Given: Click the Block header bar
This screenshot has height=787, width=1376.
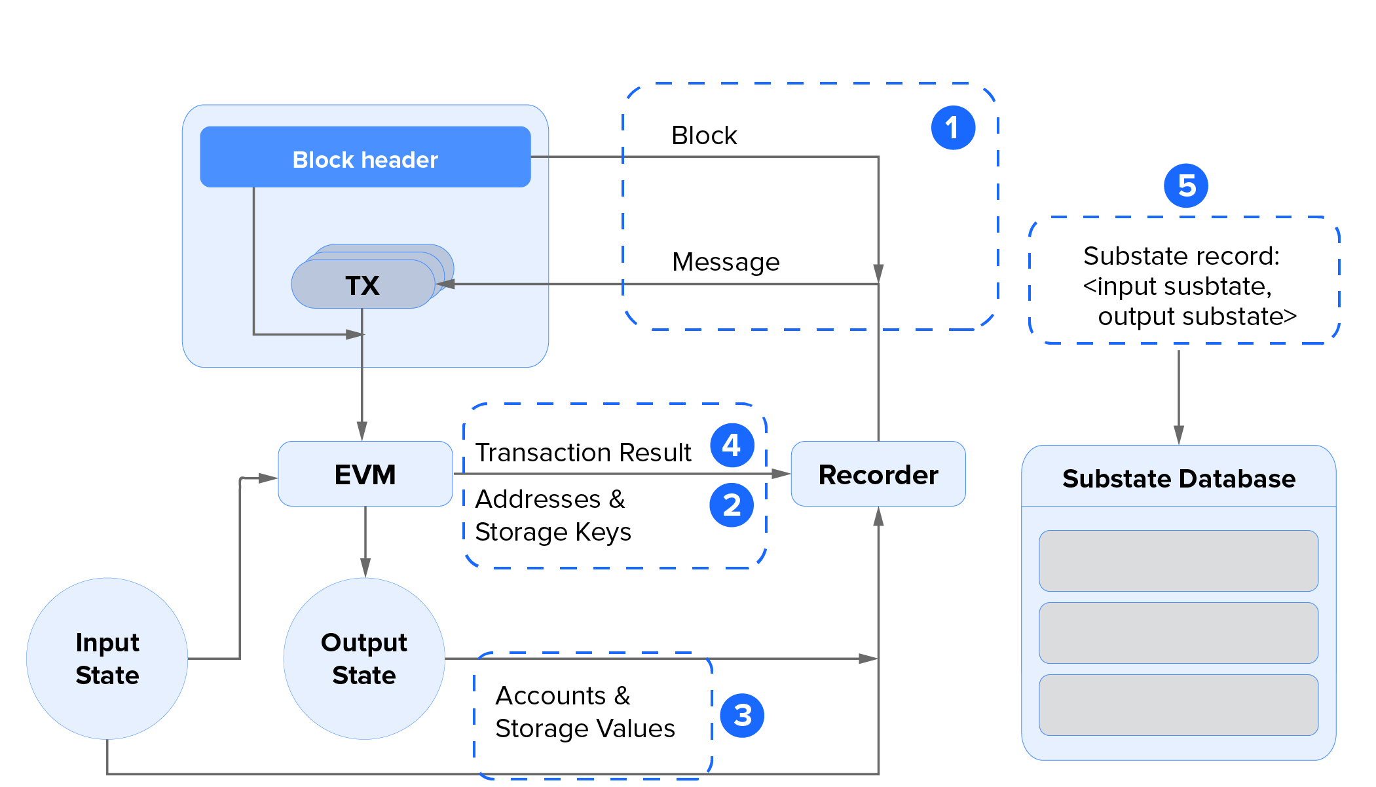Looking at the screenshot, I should [365, 157].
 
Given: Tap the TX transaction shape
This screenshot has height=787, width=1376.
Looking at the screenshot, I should [362, 285].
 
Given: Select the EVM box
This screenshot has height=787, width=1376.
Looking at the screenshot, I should [365, 474].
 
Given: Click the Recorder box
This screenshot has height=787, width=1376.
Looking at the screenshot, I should [878, 474].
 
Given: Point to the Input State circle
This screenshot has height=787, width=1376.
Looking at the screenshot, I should [107, 659].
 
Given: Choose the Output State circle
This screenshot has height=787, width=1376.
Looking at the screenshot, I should [364, 659].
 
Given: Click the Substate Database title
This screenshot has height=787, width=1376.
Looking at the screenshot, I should [1178, 478].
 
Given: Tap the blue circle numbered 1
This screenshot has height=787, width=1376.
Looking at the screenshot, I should [953, 128].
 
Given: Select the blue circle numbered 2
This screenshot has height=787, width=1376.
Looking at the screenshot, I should [732, 505].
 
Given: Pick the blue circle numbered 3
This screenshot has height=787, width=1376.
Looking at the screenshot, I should [742, 716].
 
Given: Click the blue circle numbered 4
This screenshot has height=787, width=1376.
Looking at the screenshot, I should [732, 446].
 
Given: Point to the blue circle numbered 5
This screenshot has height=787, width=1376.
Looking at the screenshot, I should [1185, 186].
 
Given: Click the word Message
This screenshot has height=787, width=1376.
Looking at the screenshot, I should [726, 262].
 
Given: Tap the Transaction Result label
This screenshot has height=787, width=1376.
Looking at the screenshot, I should [583, 453].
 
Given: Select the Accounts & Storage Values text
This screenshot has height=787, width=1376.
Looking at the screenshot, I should [584, 712].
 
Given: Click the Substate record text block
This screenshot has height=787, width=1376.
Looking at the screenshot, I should [1184, 286].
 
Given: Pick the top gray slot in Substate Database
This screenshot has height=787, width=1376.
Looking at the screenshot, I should [1178, 561].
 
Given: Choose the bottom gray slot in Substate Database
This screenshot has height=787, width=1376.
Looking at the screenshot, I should [1178, 705].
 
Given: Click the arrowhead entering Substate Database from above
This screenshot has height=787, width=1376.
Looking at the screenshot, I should [1178, 435].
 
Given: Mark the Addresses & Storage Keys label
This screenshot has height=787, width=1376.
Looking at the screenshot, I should [552, 516].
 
